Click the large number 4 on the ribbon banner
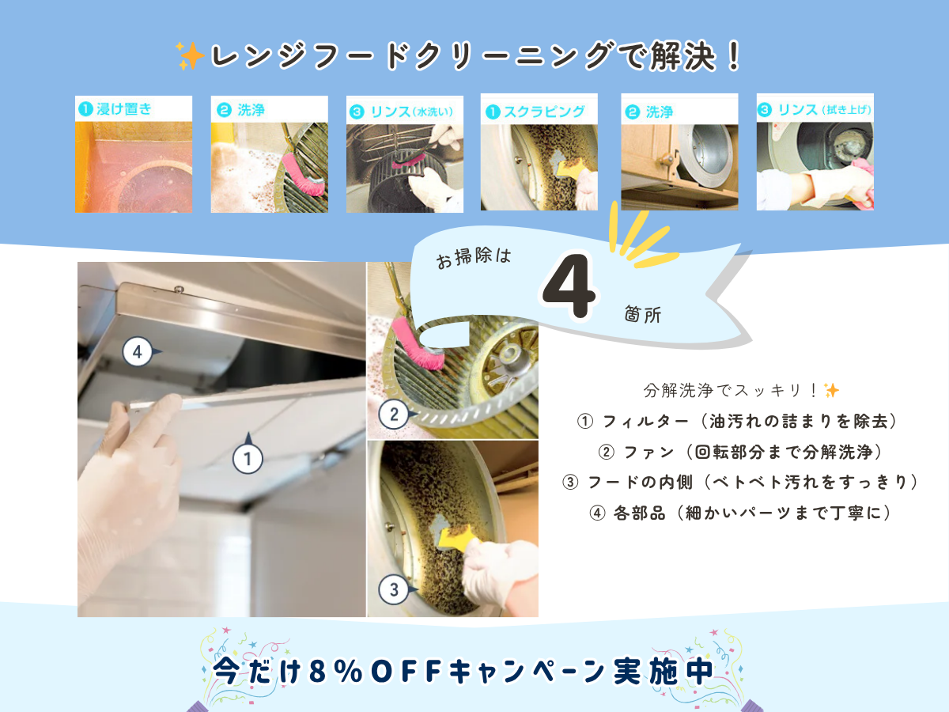pos(569,286)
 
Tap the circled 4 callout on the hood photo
pos(138,352)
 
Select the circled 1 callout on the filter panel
pos(248,459)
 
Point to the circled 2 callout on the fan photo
pos(393,414)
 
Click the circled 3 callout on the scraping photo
pos(393,589)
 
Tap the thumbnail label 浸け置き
pos(124,109)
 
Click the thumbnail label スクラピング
pos(544,112)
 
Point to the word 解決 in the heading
pos(683,56)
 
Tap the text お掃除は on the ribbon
pos(474,258)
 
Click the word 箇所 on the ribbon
pos(643,314)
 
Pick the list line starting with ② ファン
pos(740,453)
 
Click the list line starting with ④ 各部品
pos(740,513)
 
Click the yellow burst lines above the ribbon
pos(639,236)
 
